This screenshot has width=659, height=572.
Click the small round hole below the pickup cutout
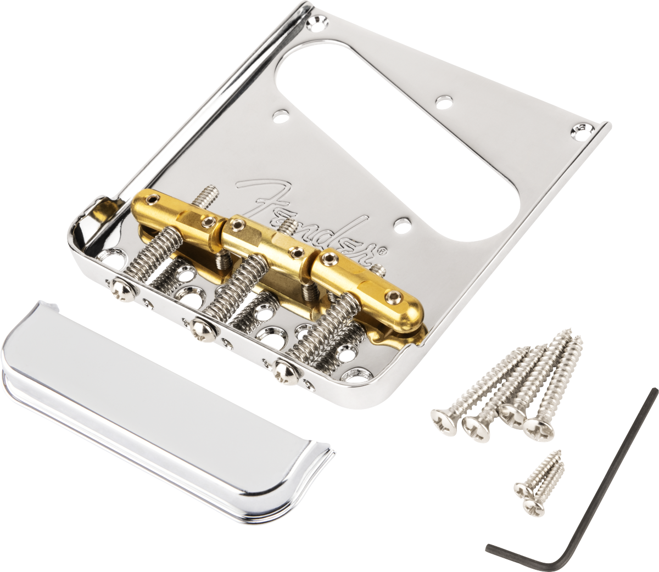(404, 225)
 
